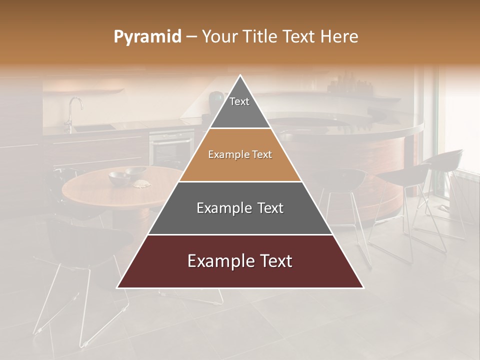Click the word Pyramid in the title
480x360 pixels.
pos(147,37)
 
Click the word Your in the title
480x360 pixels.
pos(218,37)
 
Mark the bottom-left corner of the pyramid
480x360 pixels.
pos(117,287)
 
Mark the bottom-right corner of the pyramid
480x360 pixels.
pos(363,287)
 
